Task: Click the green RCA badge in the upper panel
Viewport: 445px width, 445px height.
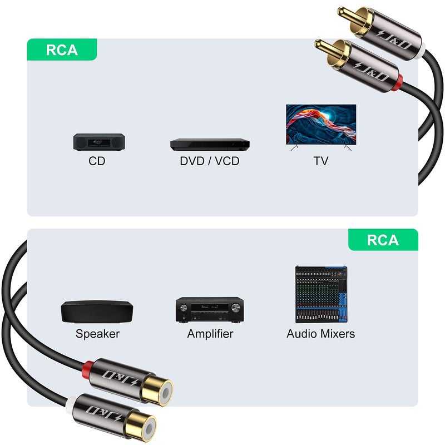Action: click(62, 50)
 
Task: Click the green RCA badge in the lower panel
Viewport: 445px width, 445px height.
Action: click(383, 240)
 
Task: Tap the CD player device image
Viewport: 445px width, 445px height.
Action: click(98, 142)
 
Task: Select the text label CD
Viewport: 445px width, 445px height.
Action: click(97, 161)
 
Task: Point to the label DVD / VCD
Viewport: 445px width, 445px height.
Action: click(209, 161)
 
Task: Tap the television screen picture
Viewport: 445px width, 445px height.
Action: click(320, 124)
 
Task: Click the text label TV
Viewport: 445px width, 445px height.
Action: click(320, 161)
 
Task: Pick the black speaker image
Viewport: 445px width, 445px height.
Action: click(97, 311)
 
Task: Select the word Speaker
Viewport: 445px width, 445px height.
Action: click(97, 334)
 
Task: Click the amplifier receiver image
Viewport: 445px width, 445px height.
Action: click(210, 309)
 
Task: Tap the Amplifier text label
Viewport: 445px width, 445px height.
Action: click(210, 334)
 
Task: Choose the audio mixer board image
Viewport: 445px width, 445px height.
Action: click(320, 294)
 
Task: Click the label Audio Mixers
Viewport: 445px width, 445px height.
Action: click(320, 334)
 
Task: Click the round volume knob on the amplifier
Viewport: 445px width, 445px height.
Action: click(236, 308)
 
